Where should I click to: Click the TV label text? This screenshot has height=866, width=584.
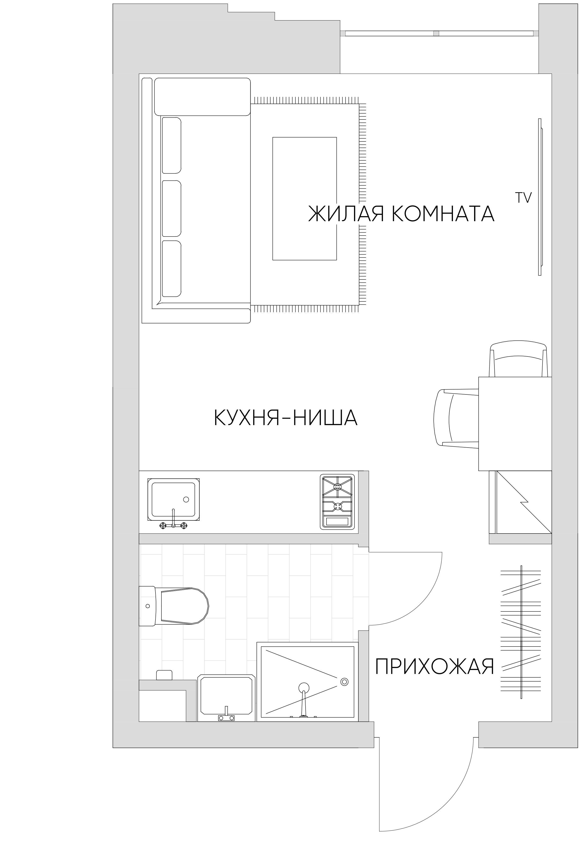pyautogui.click(x=523, y=198)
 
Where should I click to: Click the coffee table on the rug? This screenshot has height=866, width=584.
pyautogui.click(x=304, y=198)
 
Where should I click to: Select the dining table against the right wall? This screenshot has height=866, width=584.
pyautogui.click(x=515, y=424)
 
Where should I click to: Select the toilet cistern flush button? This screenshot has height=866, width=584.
pyautogui.click(x=148, y=606)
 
